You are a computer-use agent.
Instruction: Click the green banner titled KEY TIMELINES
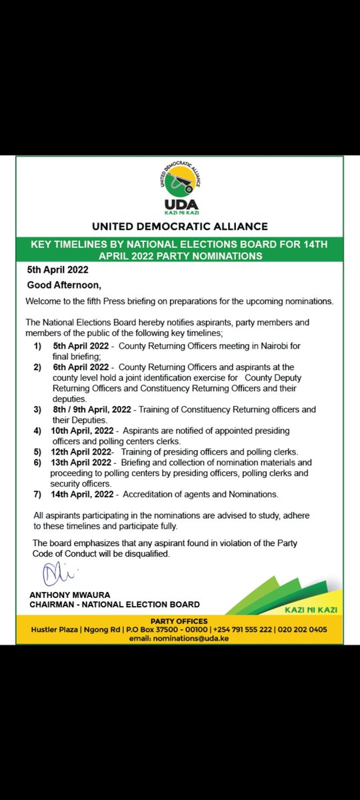[x=179, y=250]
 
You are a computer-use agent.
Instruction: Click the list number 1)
[x=37, y=346]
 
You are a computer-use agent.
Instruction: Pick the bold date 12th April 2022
[x=82, y=451]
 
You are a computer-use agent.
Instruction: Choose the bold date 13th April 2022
[x=82, y=461]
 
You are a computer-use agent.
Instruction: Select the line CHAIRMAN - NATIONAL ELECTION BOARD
[x=114, y=605]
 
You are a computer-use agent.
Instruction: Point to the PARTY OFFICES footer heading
[x=180, y=621]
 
